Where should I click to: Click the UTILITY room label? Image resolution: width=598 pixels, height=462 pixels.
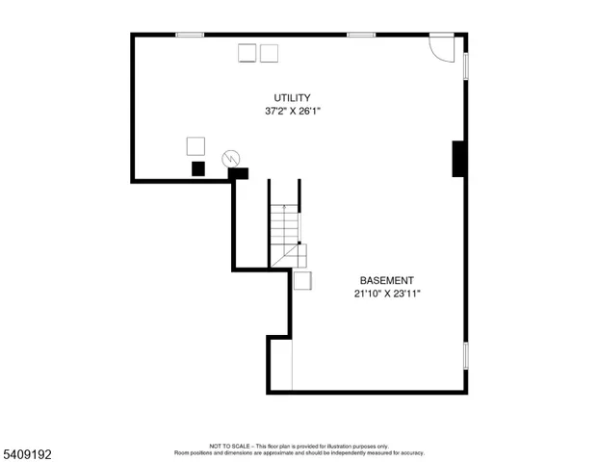click(x=292, y=98)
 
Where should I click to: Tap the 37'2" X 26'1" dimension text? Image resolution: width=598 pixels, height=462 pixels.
click(x=292, y=112)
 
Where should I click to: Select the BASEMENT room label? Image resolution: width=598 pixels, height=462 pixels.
click(x=386, y=281)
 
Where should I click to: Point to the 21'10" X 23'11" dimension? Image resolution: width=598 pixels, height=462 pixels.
click(x=386, y=295)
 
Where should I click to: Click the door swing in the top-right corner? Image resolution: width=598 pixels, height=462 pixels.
click(x=441, y=49)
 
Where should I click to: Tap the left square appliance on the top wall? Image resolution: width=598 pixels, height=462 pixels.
click(x=247, y=53)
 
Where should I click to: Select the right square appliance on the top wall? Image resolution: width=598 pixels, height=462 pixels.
click(x=269, y=53)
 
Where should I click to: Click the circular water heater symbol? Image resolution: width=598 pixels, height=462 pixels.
click(x=231, y=158)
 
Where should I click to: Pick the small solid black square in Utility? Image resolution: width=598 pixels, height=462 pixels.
click(x=198, y=168)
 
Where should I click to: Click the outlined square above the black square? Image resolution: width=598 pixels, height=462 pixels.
click(x=195, y=145)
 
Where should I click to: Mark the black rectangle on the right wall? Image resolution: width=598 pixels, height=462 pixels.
click(x=459, y=159)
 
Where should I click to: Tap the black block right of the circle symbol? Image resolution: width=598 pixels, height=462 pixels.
click(x=238, y=174)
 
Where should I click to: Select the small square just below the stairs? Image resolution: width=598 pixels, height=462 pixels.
click(x=302, y=280)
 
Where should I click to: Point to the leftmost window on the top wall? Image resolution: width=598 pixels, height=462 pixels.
click(x=190, y=36)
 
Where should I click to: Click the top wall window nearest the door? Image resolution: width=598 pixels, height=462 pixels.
click(x=361, y=36)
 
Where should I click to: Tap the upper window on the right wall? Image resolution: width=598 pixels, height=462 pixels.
click(x=466, y=64)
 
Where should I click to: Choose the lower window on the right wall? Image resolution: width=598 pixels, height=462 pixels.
click(x=466, y=355)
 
